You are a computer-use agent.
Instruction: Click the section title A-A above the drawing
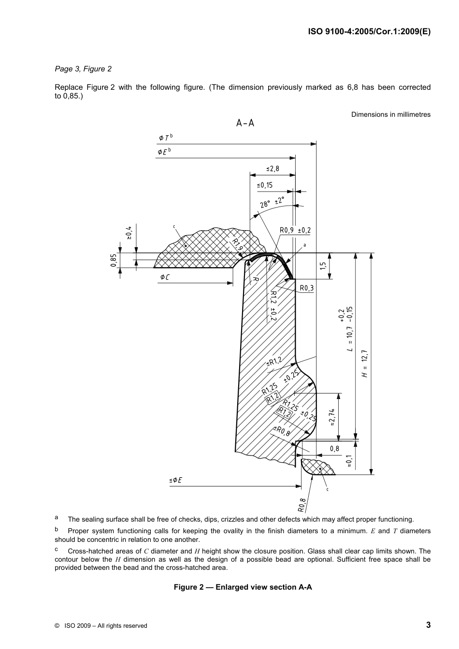245,123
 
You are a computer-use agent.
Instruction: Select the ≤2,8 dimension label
273,169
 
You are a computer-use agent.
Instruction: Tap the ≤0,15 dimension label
265,185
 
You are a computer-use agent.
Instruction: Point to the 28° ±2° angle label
272,202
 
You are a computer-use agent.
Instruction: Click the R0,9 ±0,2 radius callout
295,230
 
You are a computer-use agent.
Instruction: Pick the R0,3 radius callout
306,288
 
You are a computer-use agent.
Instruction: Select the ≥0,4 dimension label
129,233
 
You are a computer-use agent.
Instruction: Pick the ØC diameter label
164,277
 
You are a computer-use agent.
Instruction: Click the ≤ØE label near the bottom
175,480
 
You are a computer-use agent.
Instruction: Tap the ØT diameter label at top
165,138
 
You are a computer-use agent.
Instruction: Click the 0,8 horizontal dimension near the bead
334,448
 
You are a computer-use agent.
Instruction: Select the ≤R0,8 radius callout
282,431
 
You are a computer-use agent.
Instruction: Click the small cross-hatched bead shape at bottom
316,467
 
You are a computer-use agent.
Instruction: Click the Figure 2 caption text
243,587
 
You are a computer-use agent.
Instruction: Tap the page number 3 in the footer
428,625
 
